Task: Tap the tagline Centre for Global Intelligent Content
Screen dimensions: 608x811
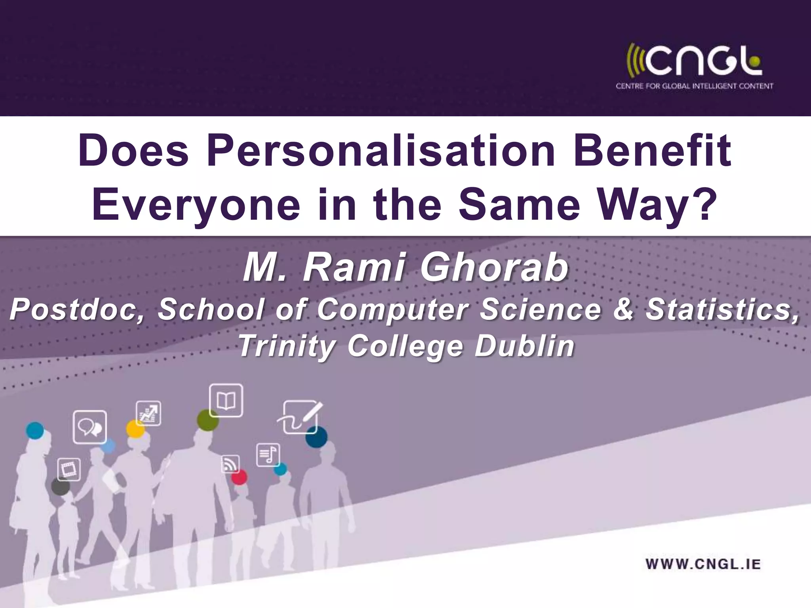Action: click(694, 86)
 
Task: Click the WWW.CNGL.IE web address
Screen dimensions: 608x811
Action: click(703, 564)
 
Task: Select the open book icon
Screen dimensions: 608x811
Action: click(226, 400)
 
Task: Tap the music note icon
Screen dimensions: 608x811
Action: click(268, 455)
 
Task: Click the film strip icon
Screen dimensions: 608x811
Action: click(69, 469)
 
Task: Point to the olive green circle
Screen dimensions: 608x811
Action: click(208, 420)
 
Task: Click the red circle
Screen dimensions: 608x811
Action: click(239, 477)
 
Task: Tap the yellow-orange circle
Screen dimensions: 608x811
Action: click(135, 429)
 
